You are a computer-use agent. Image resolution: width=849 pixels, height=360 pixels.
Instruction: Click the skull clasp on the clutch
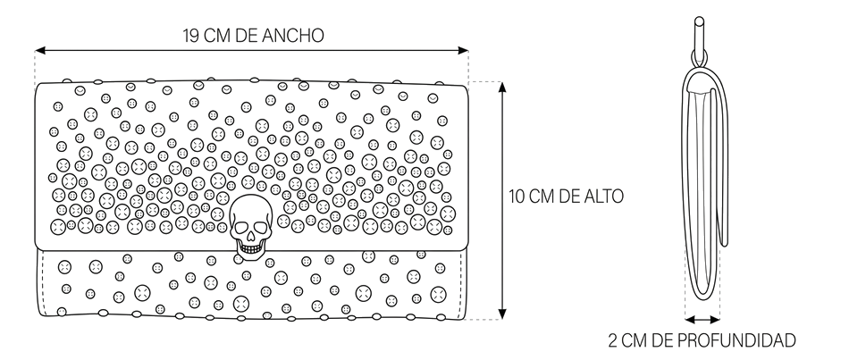click(x=250, y=224)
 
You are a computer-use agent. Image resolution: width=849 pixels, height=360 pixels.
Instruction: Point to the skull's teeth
click(x=250, y=248)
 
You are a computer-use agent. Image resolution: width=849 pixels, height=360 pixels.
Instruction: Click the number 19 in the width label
click(x=191, y=36)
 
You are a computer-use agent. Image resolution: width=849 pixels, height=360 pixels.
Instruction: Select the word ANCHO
click(x=293, y=36)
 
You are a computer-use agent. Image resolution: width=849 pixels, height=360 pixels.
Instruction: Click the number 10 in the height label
click(x=517, y=196)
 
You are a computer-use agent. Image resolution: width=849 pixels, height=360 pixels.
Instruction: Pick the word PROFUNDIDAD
click(x=736, y=340)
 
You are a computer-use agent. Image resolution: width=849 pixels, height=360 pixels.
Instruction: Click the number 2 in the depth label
click(x=612, y=340)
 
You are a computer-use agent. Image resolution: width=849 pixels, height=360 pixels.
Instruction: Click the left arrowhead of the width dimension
click(x=40, y=51)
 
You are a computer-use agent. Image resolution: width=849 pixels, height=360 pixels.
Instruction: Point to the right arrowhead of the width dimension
click(x=463, y=51)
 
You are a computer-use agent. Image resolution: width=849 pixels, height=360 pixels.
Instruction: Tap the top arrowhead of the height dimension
click(x=502, y=88)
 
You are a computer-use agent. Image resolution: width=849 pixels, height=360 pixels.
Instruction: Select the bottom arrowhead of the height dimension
click(x=502, y=314)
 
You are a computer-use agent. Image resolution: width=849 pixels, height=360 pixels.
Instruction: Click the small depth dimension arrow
click(x=702, y=320)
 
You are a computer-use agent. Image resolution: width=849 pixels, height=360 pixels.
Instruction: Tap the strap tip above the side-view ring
click(x=699, y=21)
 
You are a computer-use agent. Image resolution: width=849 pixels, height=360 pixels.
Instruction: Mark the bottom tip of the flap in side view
click(x=723, y=245)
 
